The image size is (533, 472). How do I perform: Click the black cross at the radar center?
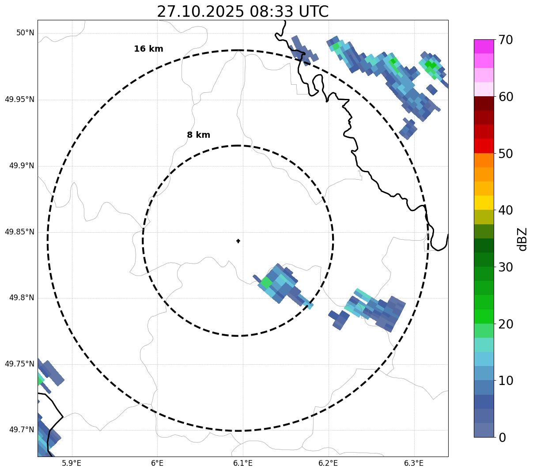238,241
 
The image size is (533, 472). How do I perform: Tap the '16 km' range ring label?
148,49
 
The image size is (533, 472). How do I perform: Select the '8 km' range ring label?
198,135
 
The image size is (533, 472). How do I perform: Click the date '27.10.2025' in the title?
200,11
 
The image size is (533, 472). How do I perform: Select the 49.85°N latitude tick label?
19,232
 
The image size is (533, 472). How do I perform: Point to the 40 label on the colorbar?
506,211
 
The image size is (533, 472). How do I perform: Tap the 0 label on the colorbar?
502,438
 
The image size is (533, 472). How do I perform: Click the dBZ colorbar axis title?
522,239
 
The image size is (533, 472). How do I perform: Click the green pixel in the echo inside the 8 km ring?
266,282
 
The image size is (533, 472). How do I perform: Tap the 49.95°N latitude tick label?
19,99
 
